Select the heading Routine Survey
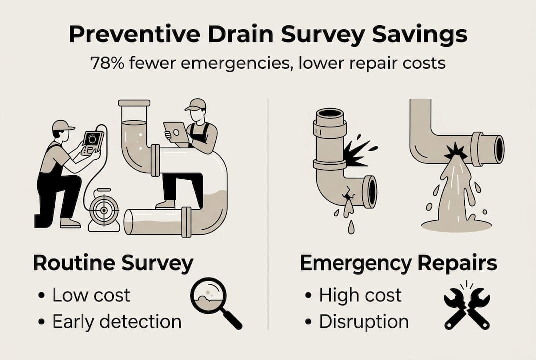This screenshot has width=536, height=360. pyautogui.click(x=113, y=264)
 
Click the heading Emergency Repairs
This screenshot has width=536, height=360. pyautogui.click(x=399, y=264)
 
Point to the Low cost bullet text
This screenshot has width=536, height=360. pyautogui.click(x=91, y=295)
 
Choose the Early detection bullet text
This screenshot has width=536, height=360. pyautogui.click(x=117, y=321)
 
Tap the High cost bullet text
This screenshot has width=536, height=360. pyautogui.click(x=360, y=295)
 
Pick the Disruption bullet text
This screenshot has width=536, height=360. pyautogui.click(x=364, y=321)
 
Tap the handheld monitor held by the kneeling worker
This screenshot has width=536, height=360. pyautogui.click(x=92, y=142)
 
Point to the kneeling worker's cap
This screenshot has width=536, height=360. pyautogui.click(x=63, y=125)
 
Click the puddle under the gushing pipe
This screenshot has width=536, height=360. pyautogui.click(x=456, y=226)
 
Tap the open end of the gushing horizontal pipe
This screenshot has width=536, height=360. pyautogui.click(x=498, y=148)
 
